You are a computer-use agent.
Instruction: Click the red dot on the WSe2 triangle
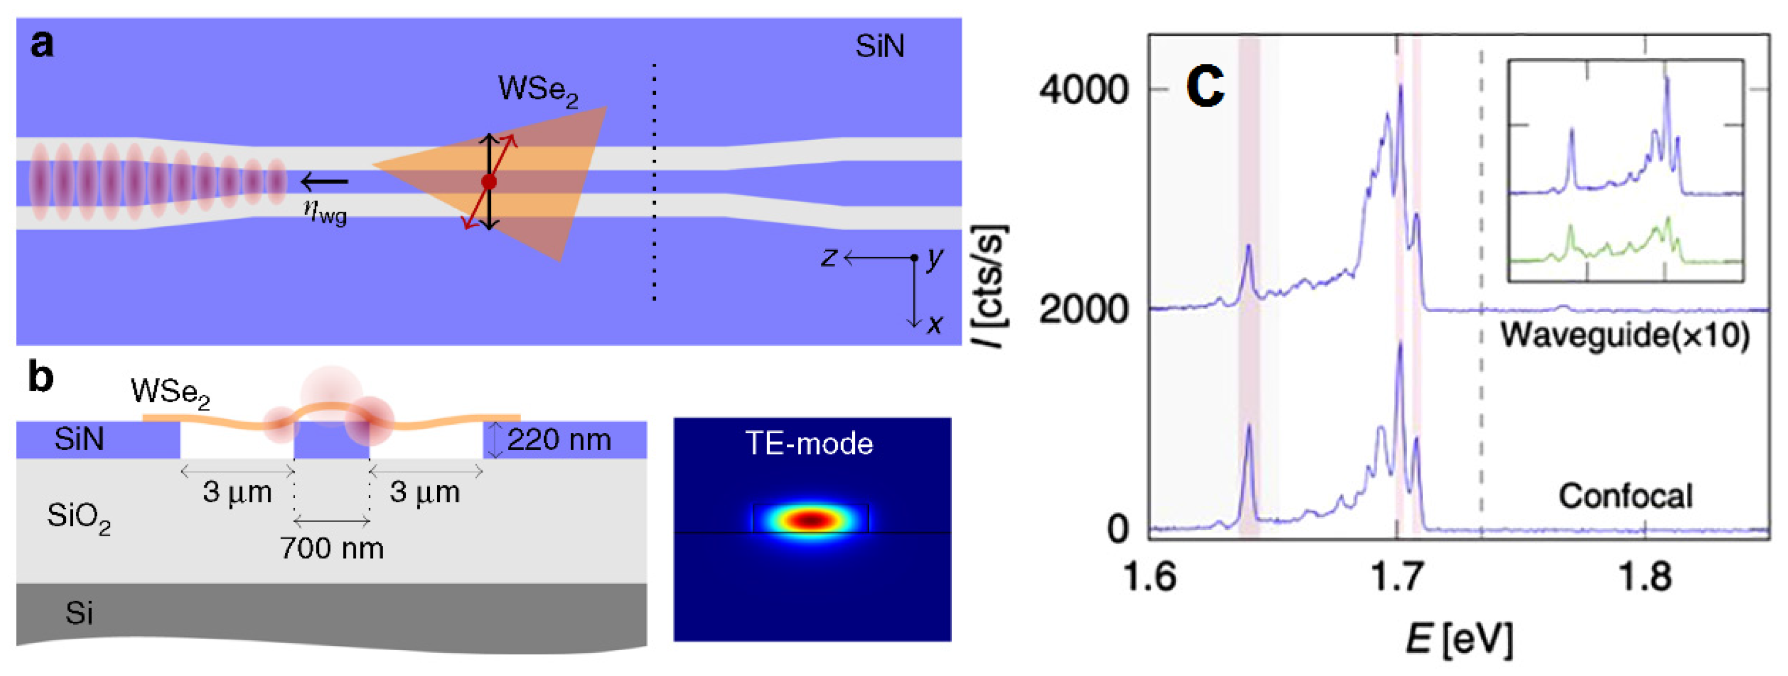tap(489, 182)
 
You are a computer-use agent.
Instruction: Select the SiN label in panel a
tap(879, 47)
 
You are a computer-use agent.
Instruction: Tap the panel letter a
tap(42, 44)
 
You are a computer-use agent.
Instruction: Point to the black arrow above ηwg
tap(324, 182)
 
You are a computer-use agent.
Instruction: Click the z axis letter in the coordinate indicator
tap(829, 258)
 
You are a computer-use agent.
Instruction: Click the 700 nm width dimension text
tap(332, 548)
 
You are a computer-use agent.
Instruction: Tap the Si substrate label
tap(79, 613)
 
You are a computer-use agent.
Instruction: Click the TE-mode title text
tap(809, 444)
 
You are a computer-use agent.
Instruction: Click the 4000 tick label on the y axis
tap(1083, 90)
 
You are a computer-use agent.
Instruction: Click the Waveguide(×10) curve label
tap(1624, 335)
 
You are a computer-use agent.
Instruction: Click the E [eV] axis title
tap(1459, 639)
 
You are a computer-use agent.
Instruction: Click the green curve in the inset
tap(1597, 256)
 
